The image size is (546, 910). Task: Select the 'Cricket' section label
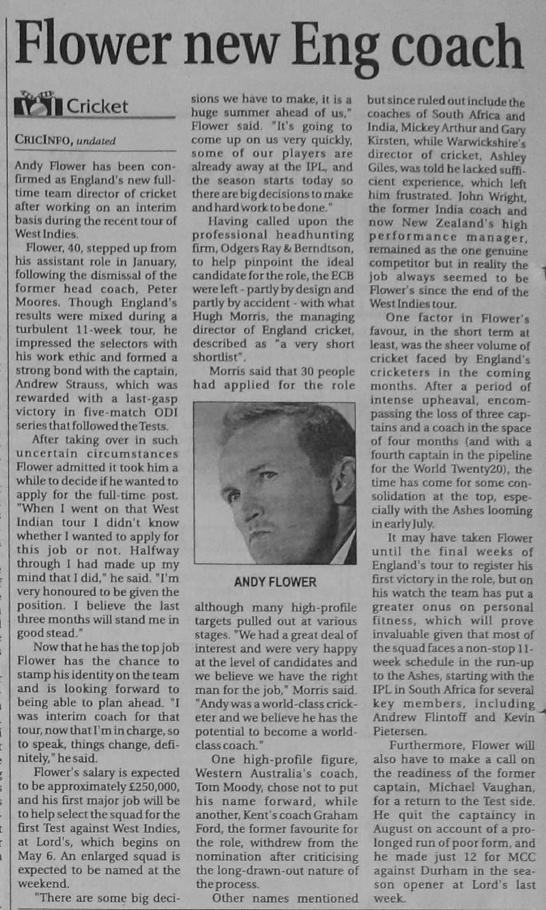coord(97,106)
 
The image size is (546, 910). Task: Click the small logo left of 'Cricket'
coord(38,104)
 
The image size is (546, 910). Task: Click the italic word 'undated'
coord(96,140)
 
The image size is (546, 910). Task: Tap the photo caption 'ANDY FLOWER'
coord(275,582)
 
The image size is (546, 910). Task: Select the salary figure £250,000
coord(152,787)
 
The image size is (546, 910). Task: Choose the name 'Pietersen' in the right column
coord(399,731)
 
